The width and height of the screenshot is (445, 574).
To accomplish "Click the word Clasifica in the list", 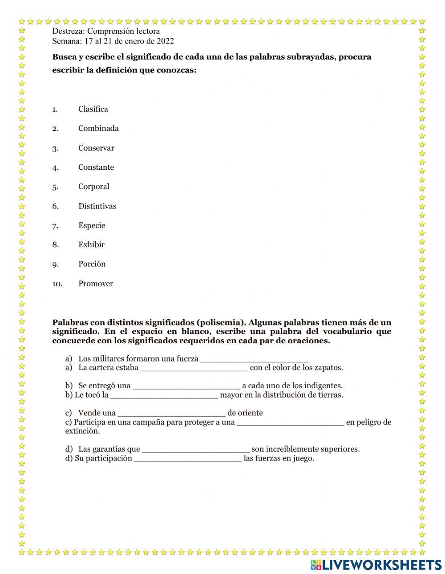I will tap(93, 109).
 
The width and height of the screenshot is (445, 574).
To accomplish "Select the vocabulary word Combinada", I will tap(98, 128).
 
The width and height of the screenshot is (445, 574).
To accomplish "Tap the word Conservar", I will tap(96, 148).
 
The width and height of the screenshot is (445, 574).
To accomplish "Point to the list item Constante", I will tap(96, 167).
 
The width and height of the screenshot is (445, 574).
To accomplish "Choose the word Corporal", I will tap(93, 186).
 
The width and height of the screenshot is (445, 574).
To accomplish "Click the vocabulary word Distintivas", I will tap(97, 206).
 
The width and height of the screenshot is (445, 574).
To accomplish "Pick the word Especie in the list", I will tap(92, 225).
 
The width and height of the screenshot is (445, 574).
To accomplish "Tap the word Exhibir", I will tap(91, 245).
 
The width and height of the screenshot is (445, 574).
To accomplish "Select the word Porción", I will tap(92, 264).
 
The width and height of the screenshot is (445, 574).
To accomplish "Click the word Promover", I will tap(96, 284).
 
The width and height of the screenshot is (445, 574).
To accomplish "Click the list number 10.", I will tap(57, 284).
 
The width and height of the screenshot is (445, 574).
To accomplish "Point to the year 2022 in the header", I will tap(165, 41).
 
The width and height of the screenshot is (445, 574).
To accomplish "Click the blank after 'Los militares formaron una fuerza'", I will tap(254, 359).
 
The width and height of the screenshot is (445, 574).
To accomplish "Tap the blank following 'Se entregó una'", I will tap(186, 386).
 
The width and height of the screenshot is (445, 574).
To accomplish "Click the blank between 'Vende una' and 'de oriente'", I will tap(171, 413).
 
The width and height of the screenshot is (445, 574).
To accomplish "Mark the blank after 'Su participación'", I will tap(188, 459).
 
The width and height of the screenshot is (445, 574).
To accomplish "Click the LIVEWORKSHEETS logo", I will tap(376, 565).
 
